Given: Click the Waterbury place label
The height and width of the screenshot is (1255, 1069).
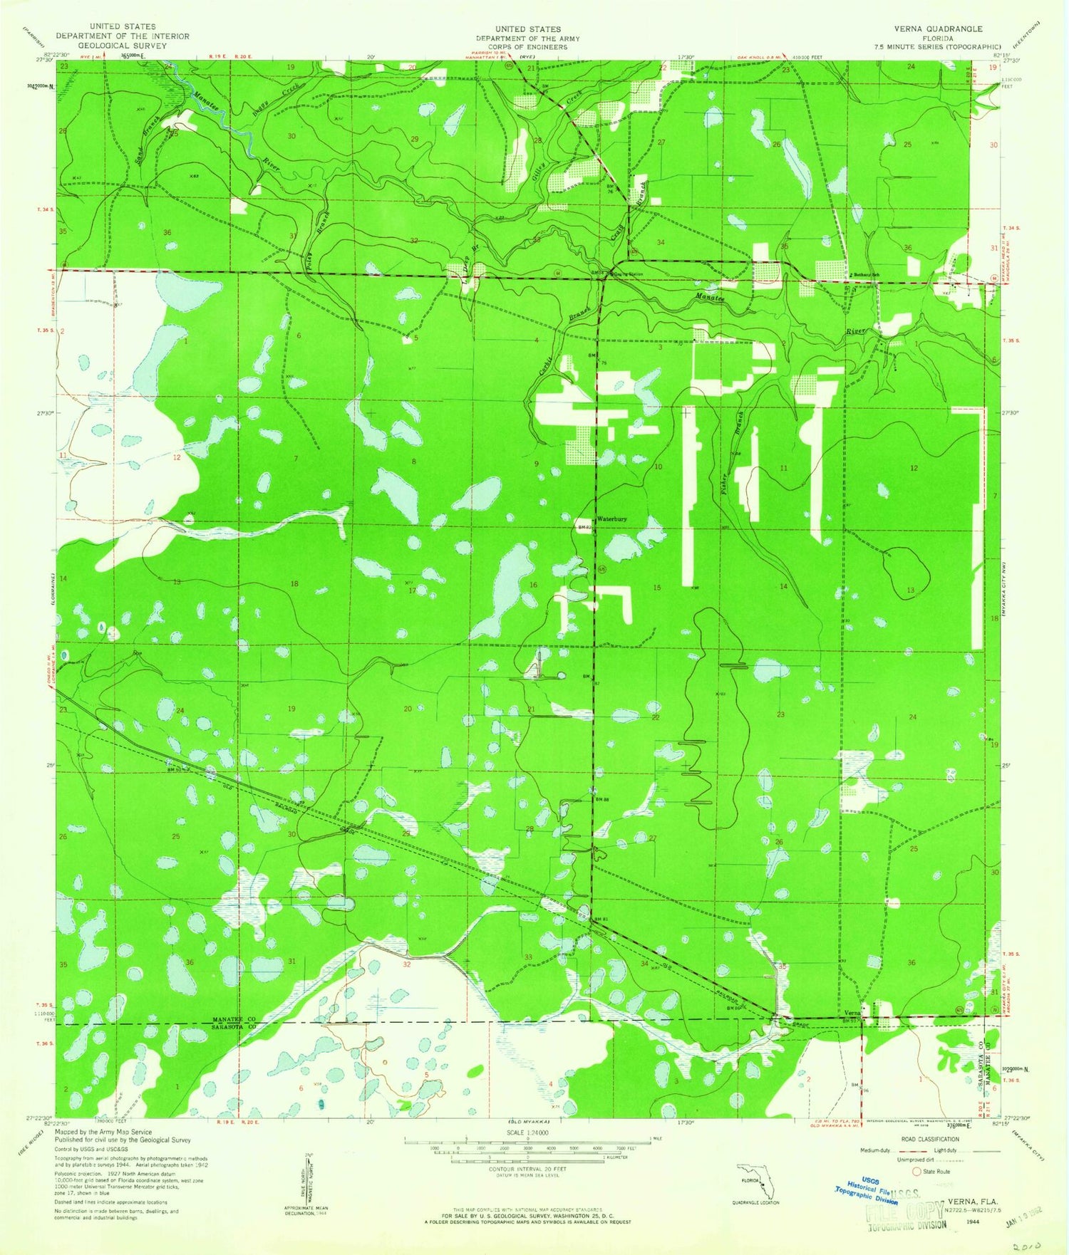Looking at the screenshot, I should [x=611, y=519].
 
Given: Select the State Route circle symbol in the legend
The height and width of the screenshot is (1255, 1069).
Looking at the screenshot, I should [x=917, y=1171].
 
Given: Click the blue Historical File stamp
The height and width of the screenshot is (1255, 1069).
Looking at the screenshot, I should [x=867, y=1189].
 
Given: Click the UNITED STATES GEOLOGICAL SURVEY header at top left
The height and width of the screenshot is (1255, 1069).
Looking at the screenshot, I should [x=123, y=36].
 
